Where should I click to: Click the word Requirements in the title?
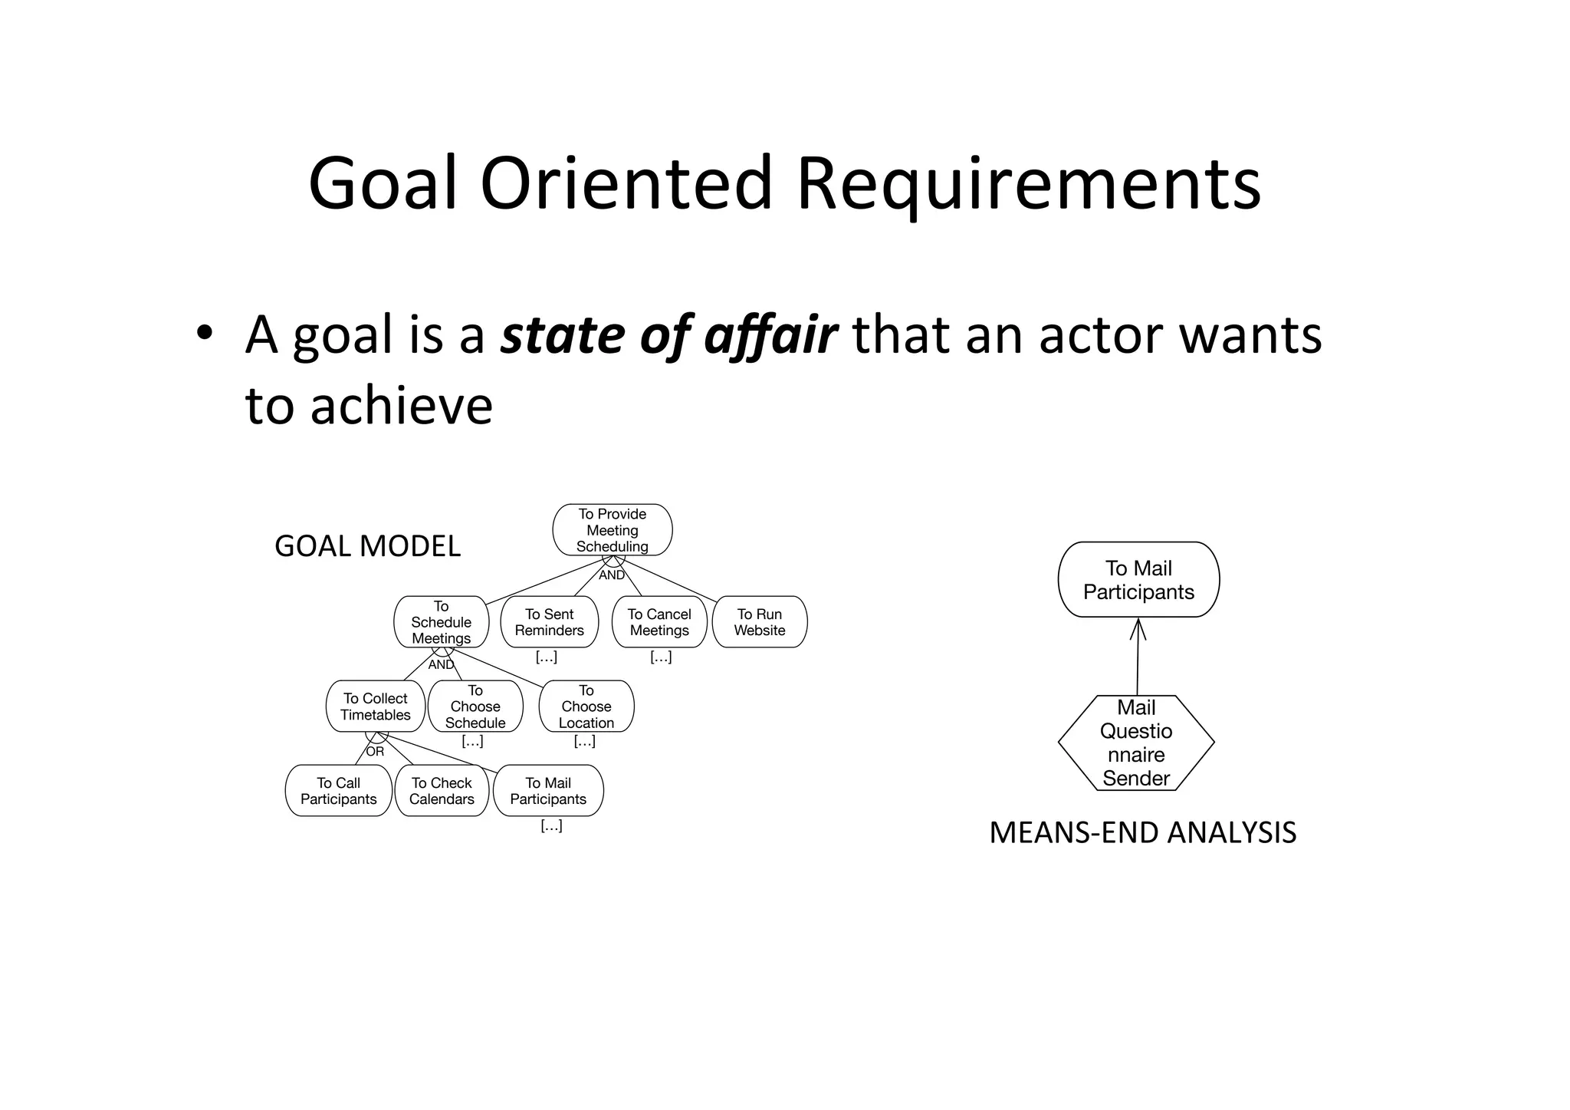point(1028,184)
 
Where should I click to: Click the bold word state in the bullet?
point(563,335)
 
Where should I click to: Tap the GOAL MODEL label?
point(367,546)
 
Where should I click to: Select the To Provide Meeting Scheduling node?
point(612,530)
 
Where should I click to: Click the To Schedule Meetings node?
point(441,622)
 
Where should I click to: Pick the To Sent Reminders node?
point(549,622)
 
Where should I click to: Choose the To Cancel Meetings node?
point(659,622)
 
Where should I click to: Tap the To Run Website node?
point(759,622)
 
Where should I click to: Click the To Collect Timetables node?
point(375,707)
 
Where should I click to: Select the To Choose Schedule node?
point(475,707)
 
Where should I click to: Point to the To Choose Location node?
point(586,707)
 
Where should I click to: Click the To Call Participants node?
point(338,791)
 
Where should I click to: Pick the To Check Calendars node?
point(442,791)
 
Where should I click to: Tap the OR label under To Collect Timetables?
point(375,752)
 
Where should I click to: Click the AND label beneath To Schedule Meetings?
point(441,665)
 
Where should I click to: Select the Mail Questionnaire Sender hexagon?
point(1136,743)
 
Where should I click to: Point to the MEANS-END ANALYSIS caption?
point(1142,833)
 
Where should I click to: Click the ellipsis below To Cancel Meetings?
point(660,657)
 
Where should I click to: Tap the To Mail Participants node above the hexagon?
point(1138,580)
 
